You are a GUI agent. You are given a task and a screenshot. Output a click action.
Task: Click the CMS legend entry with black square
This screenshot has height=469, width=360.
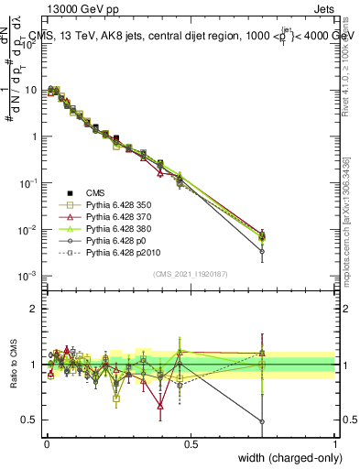click(x=97, y=191)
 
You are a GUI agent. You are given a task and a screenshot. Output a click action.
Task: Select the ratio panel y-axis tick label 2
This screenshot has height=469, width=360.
click(x=34, y=309)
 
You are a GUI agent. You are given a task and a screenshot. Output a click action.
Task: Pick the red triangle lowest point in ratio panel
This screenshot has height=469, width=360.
click(x=161, y=405)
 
